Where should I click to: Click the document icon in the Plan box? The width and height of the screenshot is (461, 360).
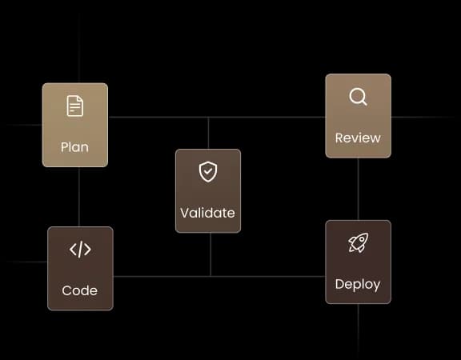pyautogui.click(x=75, y=106)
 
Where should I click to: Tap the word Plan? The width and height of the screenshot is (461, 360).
pyautogui.click(x=74, y=147)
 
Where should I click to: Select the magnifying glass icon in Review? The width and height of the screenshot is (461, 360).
pyautogui.click(x=358, y=97)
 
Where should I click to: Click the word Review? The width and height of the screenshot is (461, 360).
pyautogui.click(x=358, y=138)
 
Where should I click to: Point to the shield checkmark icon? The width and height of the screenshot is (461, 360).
pyautogui.click(x=208, y=172)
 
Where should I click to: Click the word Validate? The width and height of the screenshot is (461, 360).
pyautogui.click(x=208, y=213)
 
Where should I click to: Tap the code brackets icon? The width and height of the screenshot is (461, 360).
pyautogui.click(x=80, y=250)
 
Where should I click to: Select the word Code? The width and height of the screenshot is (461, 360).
pyautogui.click(x=80, y=290)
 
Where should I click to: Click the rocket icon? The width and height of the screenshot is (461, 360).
pyautogui.click(x=358, y=242)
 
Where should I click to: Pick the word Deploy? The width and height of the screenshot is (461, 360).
pyautogui.click(x=358, y=285)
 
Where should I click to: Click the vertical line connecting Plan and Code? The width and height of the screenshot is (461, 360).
pyautogui.click(x=79, y=197)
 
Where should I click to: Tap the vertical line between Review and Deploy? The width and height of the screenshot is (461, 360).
pyautogui.click(x=358, y=189)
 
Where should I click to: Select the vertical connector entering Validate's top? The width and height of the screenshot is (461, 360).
pyautogui.click(x=208, y=133)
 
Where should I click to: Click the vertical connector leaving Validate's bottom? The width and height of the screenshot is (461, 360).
pyautogui.click(x=210, y=254)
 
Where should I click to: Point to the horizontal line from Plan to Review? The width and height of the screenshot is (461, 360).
pyautogui.click(x=217, y=117)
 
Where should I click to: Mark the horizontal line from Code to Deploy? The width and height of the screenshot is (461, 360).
pyautogui.click(x=219, y=276)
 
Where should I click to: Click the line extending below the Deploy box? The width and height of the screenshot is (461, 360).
pyautogui.click(x=358, y=332)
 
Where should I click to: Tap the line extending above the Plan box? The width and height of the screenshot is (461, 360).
pyautogui.click(x=79, y=42)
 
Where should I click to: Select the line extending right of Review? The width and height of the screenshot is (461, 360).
pyautogui.click(x=423, y=118)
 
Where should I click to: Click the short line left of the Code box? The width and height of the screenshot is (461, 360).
pyautogui.click(x=26, y=262)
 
